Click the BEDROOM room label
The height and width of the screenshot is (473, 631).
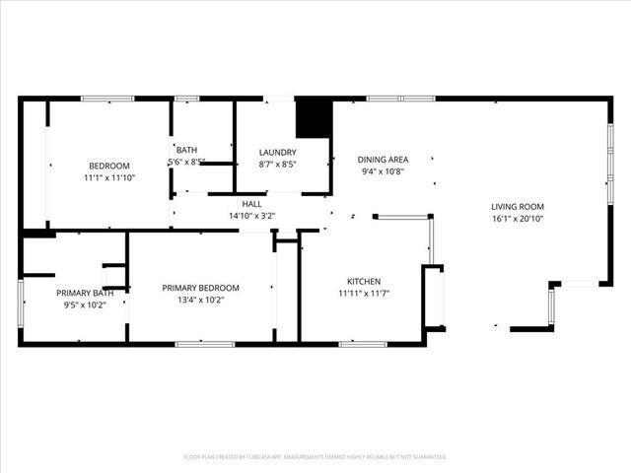tap(109, 166)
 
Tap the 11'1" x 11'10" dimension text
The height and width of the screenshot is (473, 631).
tap(109, 178)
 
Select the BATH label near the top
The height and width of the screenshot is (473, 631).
tap(186, 150)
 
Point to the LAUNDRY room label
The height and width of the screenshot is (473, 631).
tap(278, 152)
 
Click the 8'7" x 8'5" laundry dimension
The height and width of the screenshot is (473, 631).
tap(278, 165)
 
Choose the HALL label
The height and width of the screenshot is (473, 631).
tap(252, 203)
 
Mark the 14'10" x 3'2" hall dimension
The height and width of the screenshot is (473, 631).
tap(252, 216)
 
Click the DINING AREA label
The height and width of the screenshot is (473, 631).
tap(383, 160)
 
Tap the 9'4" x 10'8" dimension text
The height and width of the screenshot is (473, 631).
tap(383, 172)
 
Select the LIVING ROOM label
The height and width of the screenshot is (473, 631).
tap(518, 207)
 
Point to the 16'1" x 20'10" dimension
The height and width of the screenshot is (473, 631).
tap(518, 220)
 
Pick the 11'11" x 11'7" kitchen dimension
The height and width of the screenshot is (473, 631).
tap(364, 294)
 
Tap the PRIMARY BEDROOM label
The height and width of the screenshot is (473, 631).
tap(200, 288)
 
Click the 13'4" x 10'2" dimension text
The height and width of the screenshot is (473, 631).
tap(200, 301)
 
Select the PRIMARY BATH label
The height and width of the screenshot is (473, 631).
tap(84, 293)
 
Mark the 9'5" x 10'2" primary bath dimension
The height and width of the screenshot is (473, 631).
tap(84, 305)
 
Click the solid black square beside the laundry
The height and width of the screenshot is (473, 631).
tap(314, 118)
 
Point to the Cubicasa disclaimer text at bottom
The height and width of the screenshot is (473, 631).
tap(315, 457)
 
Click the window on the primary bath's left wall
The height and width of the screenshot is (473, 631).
tap(21, 303)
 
